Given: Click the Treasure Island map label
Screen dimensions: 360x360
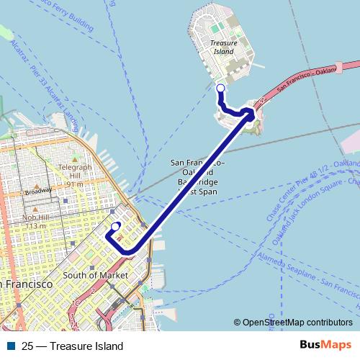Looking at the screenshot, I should (x=223, y=48).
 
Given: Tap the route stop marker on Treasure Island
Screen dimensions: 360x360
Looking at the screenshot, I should (x=220, y=88).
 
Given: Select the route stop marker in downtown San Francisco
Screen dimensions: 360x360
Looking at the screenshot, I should (x=115, y=226).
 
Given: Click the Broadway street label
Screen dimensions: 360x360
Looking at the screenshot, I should (x=37, y=192).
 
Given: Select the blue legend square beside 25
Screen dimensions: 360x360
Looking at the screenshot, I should (x=9, y=346).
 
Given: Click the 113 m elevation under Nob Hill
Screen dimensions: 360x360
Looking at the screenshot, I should (x=36, y=226).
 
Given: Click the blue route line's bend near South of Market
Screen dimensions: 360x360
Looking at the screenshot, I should (x=130, y=251).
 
